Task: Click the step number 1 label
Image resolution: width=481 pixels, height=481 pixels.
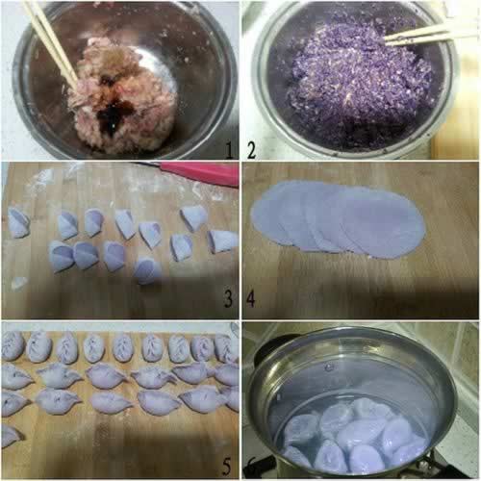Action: [x=228, y=150]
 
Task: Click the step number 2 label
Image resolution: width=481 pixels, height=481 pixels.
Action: [x=251, y=150]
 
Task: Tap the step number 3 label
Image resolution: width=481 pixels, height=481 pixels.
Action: [x=228, y=298]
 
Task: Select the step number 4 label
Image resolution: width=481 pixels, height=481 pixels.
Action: [x=250, y=298]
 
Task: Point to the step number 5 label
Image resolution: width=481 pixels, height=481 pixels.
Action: [x=226, y=468]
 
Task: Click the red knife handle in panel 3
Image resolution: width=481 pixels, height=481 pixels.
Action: [x=200, y=173]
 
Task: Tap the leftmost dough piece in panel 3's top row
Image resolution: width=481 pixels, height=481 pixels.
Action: [x=18, y=222]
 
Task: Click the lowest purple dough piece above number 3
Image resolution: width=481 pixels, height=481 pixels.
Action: [x=147, y=271]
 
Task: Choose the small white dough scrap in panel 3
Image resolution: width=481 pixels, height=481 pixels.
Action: [x=18, y=283]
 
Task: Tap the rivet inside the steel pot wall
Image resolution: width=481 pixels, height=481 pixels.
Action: [x=328, y=367]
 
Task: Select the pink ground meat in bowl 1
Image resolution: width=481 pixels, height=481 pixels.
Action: [x=123, y=96]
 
